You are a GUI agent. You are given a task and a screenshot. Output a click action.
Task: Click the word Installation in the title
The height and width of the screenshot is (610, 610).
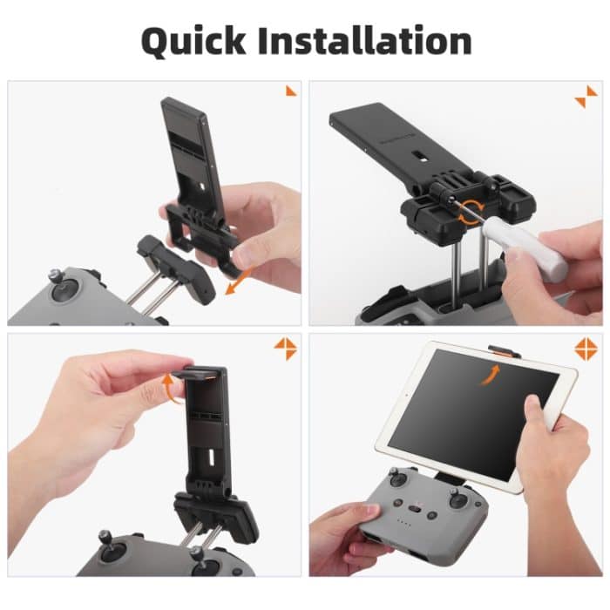point(372,41)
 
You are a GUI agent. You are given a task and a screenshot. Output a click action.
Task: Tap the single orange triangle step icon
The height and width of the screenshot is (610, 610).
point(290,91)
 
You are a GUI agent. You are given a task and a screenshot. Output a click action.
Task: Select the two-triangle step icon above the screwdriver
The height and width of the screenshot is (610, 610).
point(586,97)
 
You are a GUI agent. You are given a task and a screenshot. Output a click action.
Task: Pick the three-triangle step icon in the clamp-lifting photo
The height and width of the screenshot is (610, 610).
point(285,349)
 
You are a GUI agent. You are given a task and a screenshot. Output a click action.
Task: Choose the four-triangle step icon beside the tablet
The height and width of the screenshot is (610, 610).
point(586,349)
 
